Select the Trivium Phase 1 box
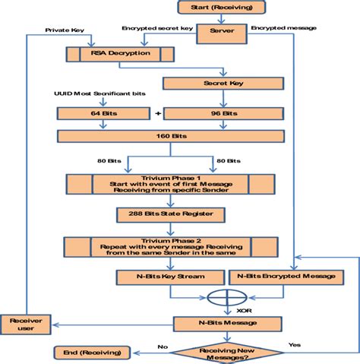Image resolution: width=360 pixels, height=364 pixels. click(169, 184)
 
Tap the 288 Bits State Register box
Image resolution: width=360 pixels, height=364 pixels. click(169, 214)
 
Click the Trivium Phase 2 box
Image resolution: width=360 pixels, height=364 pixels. click(169, 248)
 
